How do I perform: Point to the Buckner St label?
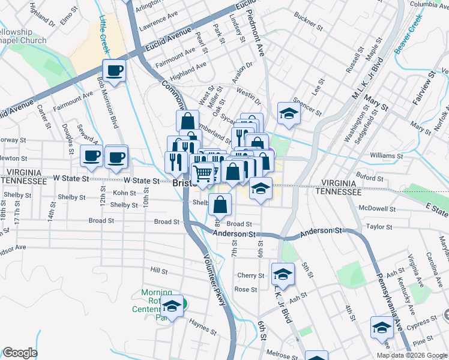309,27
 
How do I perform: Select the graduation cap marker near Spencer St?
289,114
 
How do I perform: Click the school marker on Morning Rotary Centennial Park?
172,307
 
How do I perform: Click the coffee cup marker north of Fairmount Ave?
114,71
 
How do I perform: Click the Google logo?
19,353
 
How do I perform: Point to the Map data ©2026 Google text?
411,355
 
